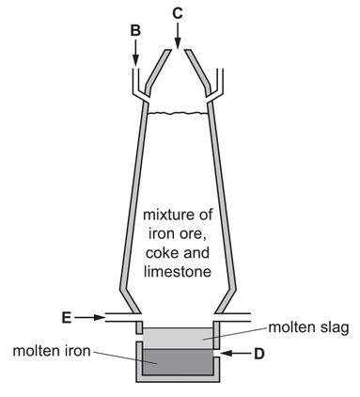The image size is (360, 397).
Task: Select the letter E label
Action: coord(66,318)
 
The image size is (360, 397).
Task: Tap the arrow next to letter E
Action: coord(90,318)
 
